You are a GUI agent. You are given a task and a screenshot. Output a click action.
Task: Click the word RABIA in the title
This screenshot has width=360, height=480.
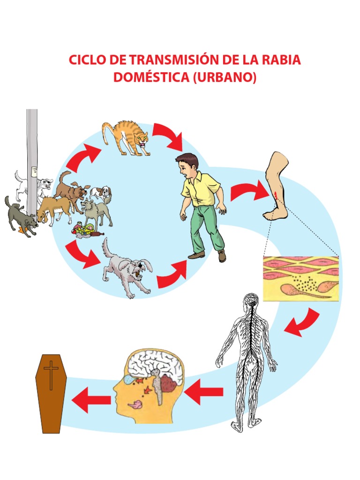pos(281,60)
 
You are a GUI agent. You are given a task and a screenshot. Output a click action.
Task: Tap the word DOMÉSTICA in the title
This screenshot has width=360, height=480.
pos(151,77)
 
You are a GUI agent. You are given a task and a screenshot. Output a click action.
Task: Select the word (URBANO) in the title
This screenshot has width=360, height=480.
pos(225,77)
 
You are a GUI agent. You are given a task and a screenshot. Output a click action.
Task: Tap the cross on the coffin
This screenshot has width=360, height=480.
pos(51,375)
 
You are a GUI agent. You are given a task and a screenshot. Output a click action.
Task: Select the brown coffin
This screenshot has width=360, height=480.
pos(51,394)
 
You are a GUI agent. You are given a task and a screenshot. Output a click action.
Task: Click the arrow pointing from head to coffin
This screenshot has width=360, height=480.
pos(91,400)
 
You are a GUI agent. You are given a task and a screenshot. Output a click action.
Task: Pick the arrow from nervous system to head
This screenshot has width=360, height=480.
pos(203,392)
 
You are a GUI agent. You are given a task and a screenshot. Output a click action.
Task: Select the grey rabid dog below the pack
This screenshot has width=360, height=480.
pos(127,270)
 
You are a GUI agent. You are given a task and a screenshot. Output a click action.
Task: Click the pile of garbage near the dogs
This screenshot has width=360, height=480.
pos(87,231)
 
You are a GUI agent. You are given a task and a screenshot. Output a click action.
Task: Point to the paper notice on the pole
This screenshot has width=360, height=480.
pos(35,172)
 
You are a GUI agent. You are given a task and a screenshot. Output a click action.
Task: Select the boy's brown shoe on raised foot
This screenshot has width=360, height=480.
pos(222,256)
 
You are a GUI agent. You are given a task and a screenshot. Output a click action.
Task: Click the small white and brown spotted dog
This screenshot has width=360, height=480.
pos(101,193)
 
